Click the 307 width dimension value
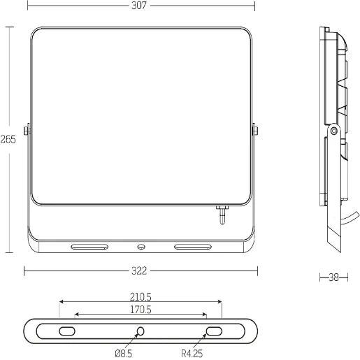pos(139,6)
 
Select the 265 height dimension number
pos(8,139)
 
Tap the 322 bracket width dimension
pos(139,271)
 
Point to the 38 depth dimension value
pos(333,278)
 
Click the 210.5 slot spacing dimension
pos(141,297)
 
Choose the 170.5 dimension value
pos(141,310)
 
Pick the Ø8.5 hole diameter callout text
pos(124,354)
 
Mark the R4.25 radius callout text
pos(192,354)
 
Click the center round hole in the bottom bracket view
pos(141,331)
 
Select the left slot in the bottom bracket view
pos(67,331)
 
